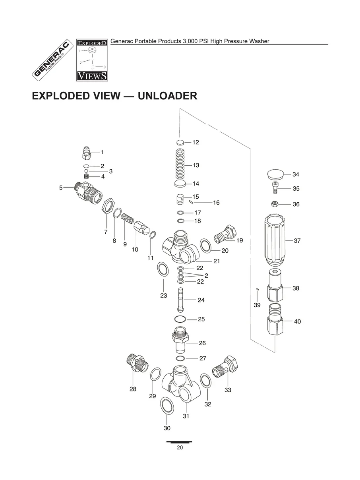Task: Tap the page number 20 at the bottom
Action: (180, 448)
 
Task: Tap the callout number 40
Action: (297, 321)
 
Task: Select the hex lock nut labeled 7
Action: (106, 208)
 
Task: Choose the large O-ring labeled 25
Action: (180, 319)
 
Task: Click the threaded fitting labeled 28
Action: (135, 362)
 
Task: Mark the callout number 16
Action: (216, 203)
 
